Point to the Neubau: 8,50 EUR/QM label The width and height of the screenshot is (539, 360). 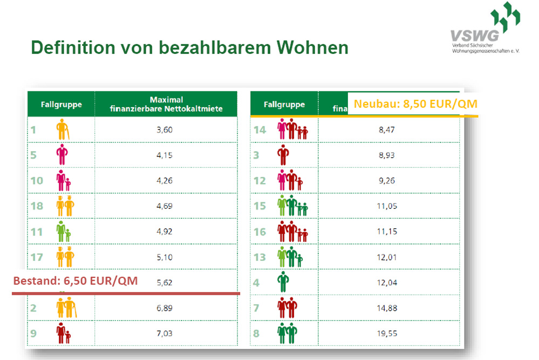point(415,104)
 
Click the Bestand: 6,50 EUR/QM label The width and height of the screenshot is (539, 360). point(75,281)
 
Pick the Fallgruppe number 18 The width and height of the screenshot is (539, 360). point(37,206)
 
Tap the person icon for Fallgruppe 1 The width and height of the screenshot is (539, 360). point(63,130)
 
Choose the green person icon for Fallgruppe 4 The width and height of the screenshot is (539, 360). point(282,282)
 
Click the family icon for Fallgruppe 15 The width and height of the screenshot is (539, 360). point(292,206)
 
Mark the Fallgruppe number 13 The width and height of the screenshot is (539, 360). point(260,257)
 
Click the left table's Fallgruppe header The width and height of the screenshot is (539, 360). point(61,104)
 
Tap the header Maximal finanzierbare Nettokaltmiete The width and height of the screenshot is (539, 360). point(166,104)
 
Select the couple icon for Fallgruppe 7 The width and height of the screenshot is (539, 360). point(285,308)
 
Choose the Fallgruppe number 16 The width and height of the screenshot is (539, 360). point(260,232)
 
